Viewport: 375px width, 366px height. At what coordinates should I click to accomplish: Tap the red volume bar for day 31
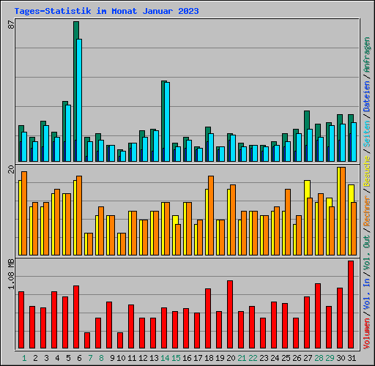[x=351, y=305]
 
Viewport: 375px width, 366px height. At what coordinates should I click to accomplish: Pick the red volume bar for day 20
[x=230, y=314]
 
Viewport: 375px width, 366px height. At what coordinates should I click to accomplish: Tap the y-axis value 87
[x=11, y=24]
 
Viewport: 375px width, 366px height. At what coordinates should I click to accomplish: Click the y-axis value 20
[x=11, y=170]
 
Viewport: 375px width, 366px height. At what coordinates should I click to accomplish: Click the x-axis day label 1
[x=24, y=358]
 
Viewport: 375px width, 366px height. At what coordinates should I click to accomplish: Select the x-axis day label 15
[x=176, y=358]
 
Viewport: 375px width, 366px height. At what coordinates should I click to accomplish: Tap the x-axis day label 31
[x=352, y=358]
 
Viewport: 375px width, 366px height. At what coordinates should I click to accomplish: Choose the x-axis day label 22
[x=253, y=358]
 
